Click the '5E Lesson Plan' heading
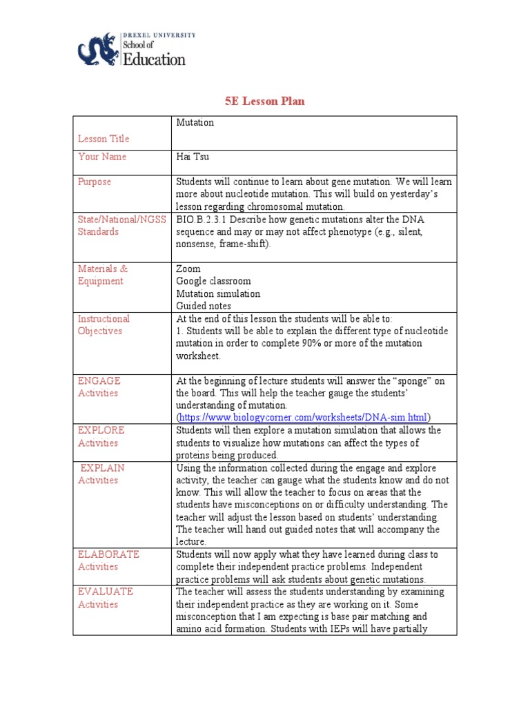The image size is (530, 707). pyautogui.click(x=264, y=101)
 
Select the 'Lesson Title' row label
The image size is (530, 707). pyautogui.click(x=104, y=139)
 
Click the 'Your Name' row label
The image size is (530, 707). pyautogui.click(x=102, y=157)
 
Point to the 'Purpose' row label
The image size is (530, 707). pyautogui.click(x=95, y=182)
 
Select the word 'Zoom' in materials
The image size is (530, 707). pyautogui.click(x=188, y=269)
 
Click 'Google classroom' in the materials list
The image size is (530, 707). pyautogui.click(x=213, y=281)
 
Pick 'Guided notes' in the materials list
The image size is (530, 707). pyautogui.click(x=204, y=306)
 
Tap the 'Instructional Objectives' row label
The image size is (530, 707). pyautogui.click(x=104, y=325)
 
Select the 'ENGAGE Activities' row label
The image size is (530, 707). pyautogui.click(x=99, y=387)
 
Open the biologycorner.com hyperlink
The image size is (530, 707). pyautogui.click(x=303, y=418)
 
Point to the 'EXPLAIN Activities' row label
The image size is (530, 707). pyautogui.click(x=101, y=474)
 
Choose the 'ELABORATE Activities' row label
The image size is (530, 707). pyautogui.click(x=108, y=560)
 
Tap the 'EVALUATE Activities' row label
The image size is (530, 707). pyautogui.click(x=106, y=598)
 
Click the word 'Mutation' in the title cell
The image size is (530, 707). pyautogui.click(x=195, y=122)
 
